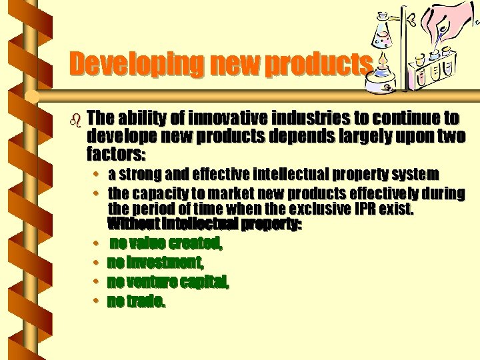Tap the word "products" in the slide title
316,64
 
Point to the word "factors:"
115,155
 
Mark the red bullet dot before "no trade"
97,301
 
